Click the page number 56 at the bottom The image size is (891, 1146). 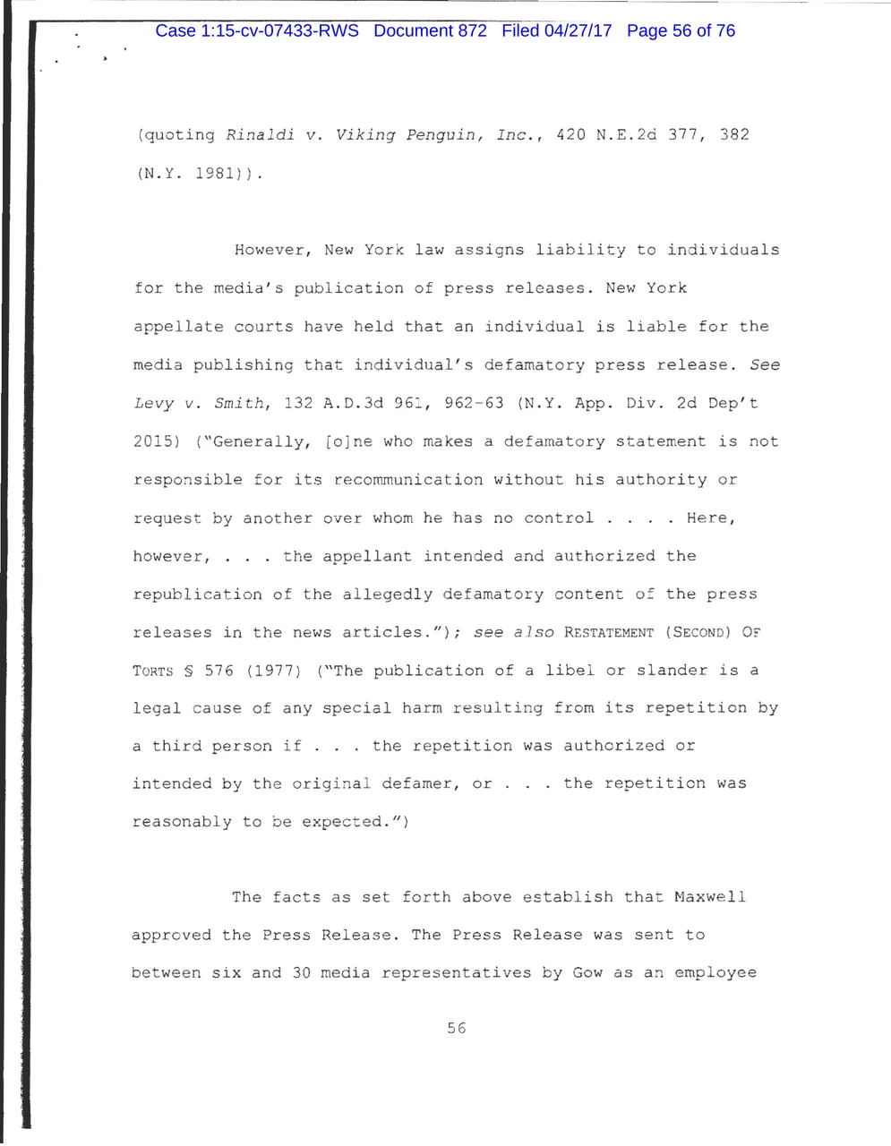pyautogui.click(x=457, y=1028)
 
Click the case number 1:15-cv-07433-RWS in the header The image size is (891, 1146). pyautogui.click(x=257, y=30)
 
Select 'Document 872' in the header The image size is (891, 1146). pyautogui.click(x=430, y=30)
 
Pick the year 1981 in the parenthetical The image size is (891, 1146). pyautogui.click(x=215, y=174)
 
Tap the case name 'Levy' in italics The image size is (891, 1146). pyautogui.click(x=153, y=403)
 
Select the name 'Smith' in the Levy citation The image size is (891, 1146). pyautogui.click(x=239, y=403)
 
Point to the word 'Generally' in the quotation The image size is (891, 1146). pyautogui.click(x=260, y=441)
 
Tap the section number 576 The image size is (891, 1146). pyautogui.click(x=218, y=671)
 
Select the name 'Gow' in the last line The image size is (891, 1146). pyautogui.click(x=587, y=972)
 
